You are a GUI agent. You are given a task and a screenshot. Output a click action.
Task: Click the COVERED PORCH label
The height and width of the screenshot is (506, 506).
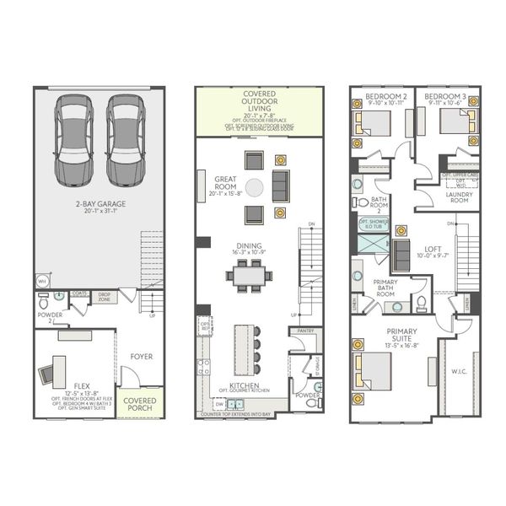(138, 403)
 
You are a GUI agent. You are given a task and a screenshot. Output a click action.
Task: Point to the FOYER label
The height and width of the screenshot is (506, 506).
(140, 356)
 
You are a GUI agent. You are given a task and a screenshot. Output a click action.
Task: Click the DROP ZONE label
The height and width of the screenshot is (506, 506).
(105, 297)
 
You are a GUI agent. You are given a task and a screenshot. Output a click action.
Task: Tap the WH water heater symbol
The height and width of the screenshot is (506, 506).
(41, 282)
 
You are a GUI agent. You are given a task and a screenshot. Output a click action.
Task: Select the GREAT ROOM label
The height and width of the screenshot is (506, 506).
(224, 184)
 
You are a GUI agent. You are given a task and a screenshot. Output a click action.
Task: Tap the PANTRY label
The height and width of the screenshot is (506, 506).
(304, 332)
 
